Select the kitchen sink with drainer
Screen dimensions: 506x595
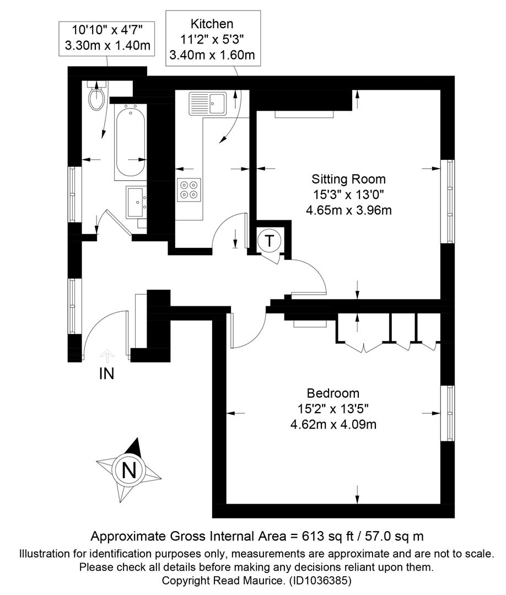[x=208, y=103]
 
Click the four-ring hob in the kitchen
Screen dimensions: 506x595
[x=189, y=190]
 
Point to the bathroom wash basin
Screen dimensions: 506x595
[x=136, y=202]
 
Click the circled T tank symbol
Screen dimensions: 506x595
[x=269, y=241]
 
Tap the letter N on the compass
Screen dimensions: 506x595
[x=129, y=471]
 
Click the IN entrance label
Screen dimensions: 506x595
[x=107, y=374]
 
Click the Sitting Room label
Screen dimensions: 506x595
[x=348, y=178]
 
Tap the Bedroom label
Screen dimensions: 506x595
[x=333, y=393]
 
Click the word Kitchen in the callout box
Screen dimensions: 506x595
[x=212, y=24]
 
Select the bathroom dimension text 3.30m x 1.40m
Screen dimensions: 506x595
[x=108, y=46]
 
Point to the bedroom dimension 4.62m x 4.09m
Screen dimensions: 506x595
[x=333, y=424]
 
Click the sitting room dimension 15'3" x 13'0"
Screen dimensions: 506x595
[x=348, y=194]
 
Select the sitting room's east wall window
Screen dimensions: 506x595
[x=448, y=202]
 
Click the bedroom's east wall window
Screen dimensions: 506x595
[x=448, y=413]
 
